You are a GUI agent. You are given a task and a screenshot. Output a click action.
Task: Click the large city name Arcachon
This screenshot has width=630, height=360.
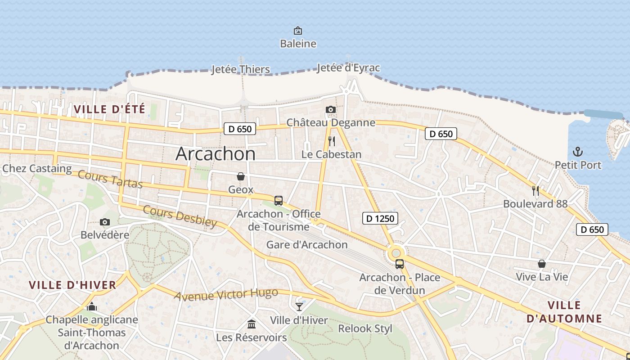point(215,154)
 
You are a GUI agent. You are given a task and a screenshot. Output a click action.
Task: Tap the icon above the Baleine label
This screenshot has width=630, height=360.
point(297,31)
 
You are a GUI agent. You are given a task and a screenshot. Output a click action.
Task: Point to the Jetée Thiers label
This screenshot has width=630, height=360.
point(241,69)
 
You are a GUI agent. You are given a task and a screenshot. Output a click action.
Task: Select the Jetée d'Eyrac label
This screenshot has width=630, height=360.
point(348,68)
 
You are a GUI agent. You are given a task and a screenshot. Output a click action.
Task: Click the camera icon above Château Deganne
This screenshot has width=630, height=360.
point(331,109)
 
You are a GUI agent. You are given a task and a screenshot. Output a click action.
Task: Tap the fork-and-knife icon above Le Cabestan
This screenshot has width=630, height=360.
point(332,141)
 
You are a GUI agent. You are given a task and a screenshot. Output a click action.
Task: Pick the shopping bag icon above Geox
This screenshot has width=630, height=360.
point(241,176)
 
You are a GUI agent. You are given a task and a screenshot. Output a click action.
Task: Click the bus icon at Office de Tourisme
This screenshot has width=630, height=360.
point(279,200)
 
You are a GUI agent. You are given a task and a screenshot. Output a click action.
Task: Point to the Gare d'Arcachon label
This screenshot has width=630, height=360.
point(307,245)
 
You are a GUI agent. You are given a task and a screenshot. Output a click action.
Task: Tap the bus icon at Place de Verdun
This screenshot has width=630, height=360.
point(399,264)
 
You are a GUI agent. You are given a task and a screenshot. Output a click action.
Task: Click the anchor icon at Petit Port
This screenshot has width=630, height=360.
point(577,152)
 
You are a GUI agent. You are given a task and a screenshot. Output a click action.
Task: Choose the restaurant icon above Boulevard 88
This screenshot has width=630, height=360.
point(535,190)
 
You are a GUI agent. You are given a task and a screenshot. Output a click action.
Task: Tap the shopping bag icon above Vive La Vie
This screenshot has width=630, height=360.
point(542,263)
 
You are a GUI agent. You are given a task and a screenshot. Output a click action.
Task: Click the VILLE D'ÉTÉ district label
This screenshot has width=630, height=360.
point(109,109)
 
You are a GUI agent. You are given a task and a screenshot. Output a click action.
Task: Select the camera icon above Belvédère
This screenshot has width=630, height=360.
point(105,222)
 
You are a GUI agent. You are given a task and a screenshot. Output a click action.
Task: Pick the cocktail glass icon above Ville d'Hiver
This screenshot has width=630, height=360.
point(299,307)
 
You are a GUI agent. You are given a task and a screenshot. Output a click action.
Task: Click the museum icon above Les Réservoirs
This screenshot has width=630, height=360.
point(252,324)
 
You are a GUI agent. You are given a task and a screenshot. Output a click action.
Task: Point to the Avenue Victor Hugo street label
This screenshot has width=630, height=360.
point(226,295)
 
